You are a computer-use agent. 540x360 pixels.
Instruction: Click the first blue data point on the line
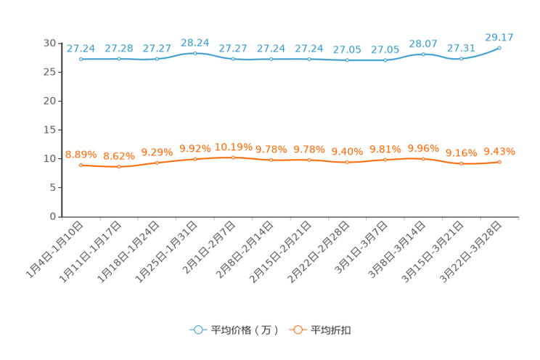click(x=81, y=59)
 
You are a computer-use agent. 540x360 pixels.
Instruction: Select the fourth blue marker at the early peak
click(x=195, y=53)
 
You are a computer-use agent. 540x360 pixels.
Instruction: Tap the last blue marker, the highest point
click(x=499, y=47)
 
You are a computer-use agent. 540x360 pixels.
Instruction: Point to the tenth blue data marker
click(x=423, y=54)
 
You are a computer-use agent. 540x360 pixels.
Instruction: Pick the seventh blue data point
click(x=309, y=59)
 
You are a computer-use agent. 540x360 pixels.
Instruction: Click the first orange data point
click(x=81, y=165)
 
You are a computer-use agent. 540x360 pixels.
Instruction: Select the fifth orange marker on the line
click(x=233, y=157)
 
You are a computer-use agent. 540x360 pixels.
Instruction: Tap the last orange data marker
click(x=499, y=162)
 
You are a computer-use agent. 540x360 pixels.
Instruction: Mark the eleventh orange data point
click(x=461, y=164)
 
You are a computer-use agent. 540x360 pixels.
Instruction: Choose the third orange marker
click(x=157, y=163)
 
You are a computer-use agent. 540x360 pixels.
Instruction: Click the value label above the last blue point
click(x=499, y=36)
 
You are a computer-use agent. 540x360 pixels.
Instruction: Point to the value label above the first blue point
click(x=81, y=48)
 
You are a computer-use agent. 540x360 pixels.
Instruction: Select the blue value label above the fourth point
click(x=195, y=42)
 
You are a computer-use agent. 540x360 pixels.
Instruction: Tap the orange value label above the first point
click(x=81, y=155)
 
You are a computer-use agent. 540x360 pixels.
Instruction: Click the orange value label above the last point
click(x=499, y=151)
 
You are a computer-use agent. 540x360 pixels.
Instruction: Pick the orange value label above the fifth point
click(x=233, y=147)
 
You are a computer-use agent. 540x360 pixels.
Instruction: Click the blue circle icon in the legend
click(x=197, y=330)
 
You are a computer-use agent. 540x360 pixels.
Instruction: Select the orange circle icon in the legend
click(x=297, y=330)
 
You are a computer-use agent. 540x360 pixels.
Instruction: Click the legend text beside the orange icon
click(x=332, y=330)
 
